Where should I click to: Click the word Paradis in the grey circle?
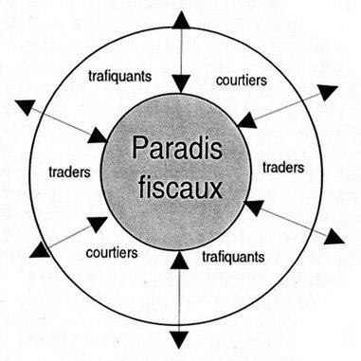(177, 149)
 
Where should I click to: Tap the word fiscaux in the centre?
(180, 188)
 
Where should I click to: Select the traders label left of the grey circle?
(69, 172)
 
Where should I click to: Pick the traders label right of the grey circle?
(283, 168)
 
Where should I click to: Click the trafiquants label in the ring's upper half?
(119, 77)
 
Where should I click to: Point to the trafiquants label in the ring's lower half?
(233, 257)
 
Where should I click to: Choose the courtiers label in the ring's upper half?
(242, 81)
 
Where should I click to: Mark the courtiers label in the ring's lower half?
(112, 253)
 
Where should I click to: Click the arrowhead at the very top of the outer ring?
(182, 20)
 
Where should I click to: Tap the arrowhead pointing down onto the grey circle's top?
(181, 84)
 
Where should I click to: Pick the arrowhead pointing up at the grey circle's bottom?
(179, 260)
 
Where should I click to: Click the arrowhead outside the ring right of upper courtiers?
(328, 92)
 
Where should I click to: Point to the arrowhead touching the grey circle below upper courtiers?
(246, 120)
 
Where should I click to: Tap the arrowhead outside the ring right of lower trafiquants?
(334, 237)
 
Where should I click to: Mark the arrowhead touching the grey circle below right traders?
(254, 208)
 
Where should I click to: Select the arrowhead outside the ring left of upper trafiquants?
(26, 107)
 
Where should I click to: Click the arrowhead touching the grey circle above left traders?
(98, 135)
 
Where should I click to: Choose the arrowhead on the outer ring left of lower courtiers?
(40, 249)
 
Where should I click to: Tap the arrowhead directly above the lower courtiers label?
(98, 225)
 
